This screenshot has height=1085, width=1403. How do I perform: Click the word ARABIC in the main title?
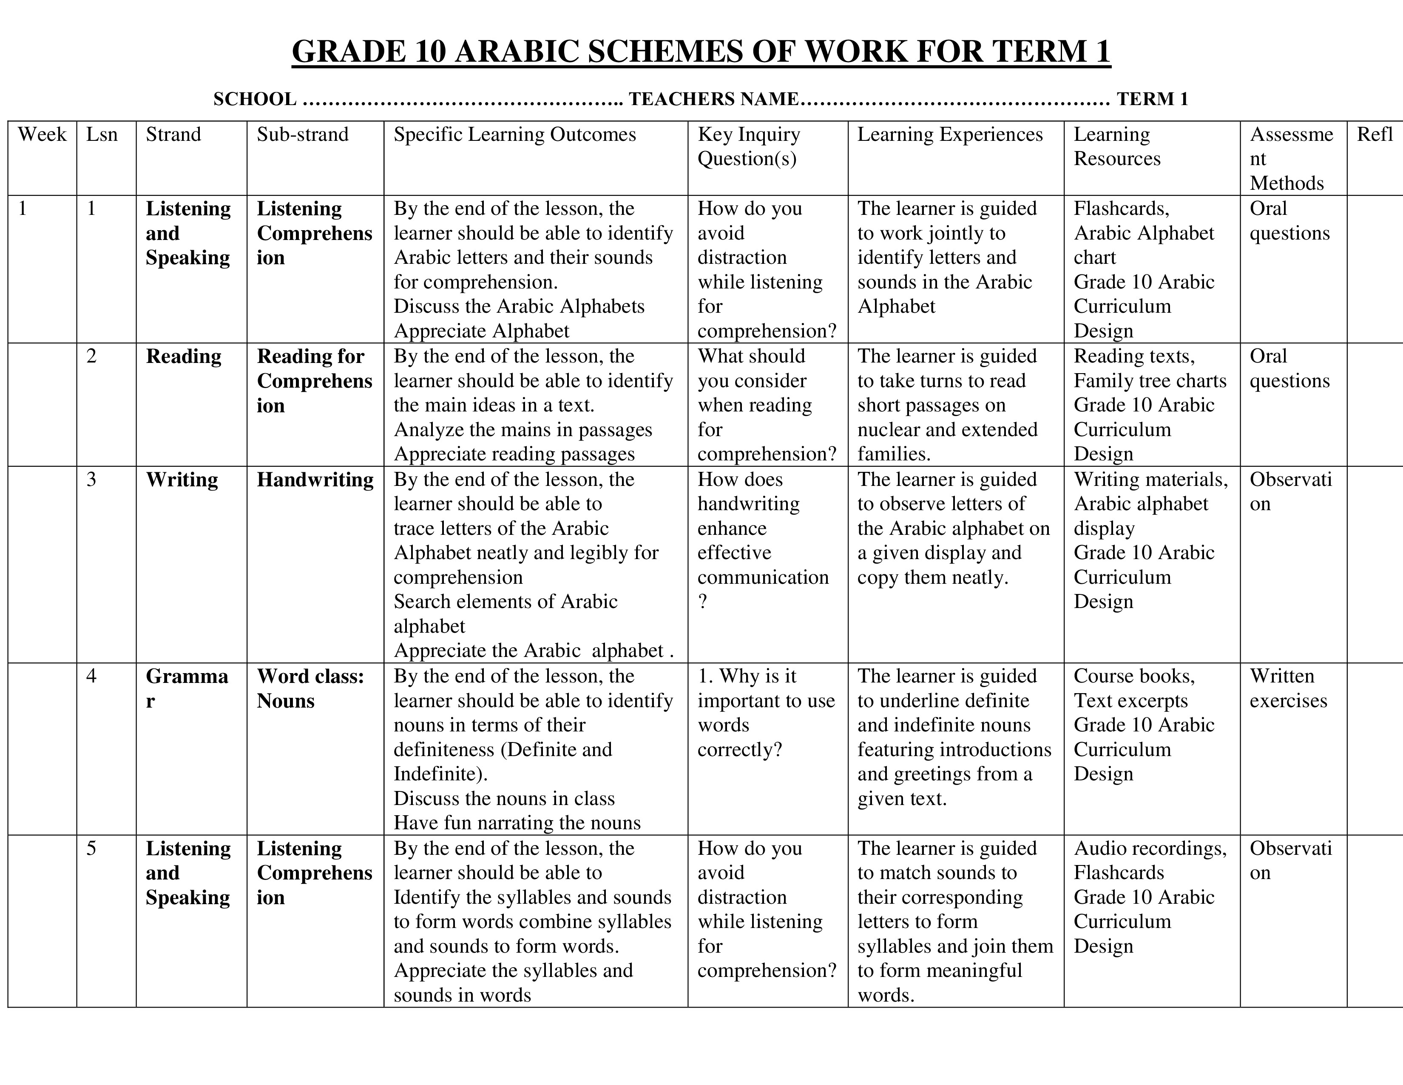(x=515, y=51)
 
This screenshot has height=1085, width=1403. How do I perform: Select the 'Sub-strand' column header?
(x=303, y=134)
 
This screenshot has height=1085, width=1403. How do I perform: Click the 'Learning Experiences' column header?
(x=949, y=134)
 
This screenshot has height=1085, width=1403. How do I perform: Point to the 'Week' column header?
(x=42, y=134)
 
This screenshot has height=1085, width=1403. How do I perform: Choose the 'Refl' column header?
(x=1374, y=134)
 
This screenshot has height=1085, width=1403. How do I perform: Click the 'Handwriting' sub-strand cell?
(x=315, y=480)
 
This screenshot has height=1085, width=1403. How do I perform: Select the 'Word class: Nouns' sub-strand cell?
(x=310, y=688)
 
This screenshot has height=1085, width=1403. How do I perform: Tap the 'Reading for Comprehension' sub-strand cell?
(x=314, y=380)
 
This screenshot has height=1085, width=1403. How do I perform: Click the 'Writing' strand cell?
(x=182, y=480)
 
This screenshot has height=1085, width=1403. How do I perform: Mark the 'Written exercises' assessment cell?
(x=1288, y=688)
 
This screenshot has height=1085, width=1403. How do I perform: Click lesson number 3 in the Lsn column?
(x=91, y=480)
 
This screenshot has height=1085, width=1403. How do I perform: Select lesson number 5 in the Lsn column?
(x=91, y=848)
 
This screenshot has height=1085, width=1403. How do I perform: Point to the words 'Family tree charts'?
(x=1150, y=380)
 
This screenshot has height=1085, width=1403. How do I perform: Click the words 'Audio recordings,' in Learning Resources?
(x=1150, y=848)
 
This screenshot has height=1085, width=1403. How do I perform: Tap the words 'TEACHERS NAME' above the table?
(x=713, y=99)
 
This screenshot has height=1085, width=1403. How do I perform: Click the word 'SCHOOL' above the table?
(x=254, y=99)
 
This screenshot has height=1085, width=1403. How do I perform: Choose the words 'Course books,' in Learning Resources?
(x=1134, y=676)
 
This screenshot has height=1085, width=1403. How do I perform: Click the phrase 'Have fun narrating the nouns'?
(x=517, y=823)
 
